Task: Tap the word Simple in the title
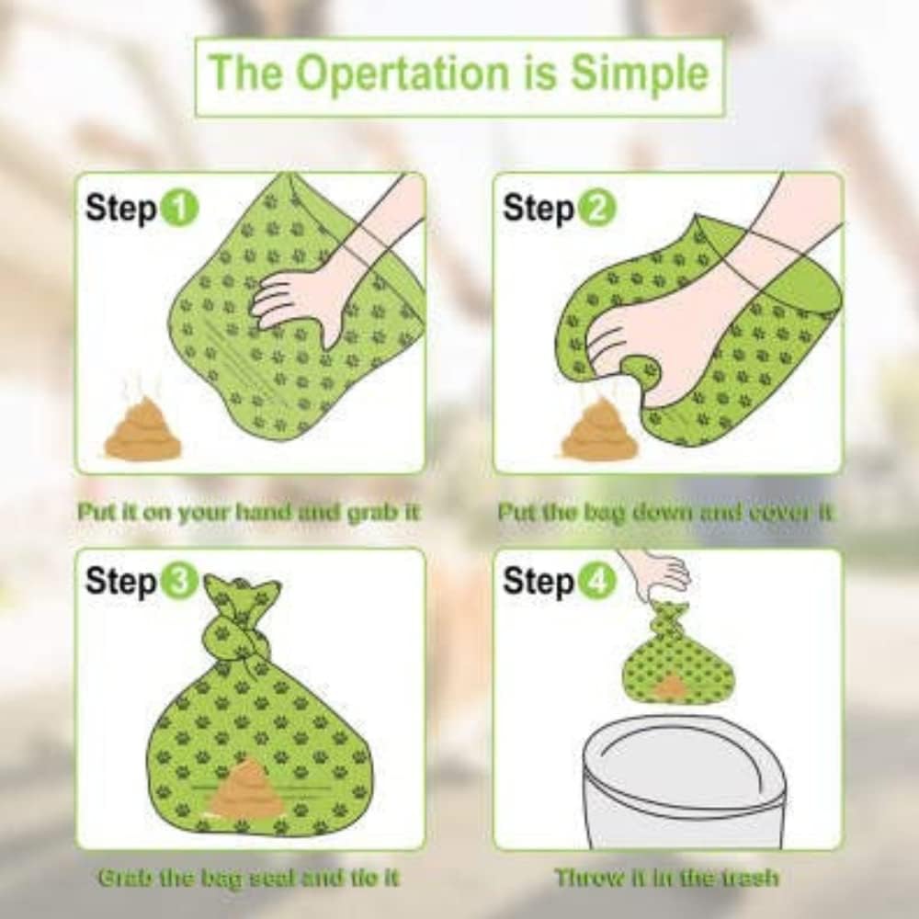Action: [640, 75]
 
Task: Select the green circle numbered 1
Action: [180, 209]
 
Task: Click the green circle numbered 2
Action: [598, 209]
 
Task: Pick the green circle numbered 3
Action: [180, 582]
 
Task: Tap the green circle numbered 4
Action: [598, 582]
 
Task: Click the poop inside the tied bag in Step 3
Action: [245, 790]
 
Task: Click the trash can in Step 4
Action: [685, 781]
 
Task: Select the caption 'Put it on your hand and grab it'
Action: [248, 512]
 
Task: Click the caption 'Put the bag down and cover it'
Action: [665, 512]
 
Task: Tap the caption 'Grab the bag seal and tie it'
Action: [248, 878]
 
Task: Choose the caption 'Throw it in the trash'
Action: [666, 878]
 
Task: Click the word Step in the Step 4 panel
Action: [539, 582]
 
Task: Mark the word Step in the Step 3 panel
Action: [120, 582]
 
